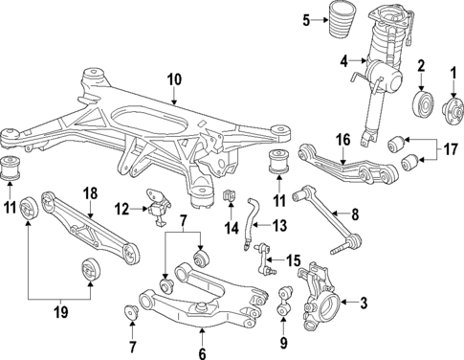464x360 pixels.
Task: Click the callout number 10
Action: coord(174,79)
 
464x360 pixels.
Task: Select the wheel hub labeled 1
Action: coord(453,111)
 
